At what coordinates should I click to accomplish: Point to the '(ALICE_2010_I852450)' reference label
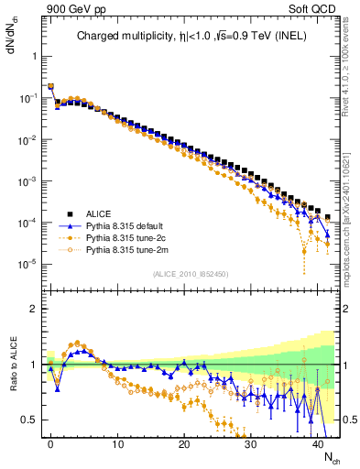pos(191,274)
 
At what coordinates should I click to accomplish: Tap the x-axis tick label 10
pos(116,442)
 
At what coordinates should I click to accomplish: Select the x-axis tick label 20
pos(183,442)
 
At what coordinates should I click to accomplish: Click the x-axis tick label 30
pos(250,442)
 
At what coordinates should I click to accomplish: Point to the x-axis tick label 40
pos(317,442)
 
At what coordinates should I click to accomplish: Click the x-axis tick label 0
pos(50,442)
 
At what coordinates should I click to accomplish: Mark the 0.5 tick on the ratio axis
pos(32,419)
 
